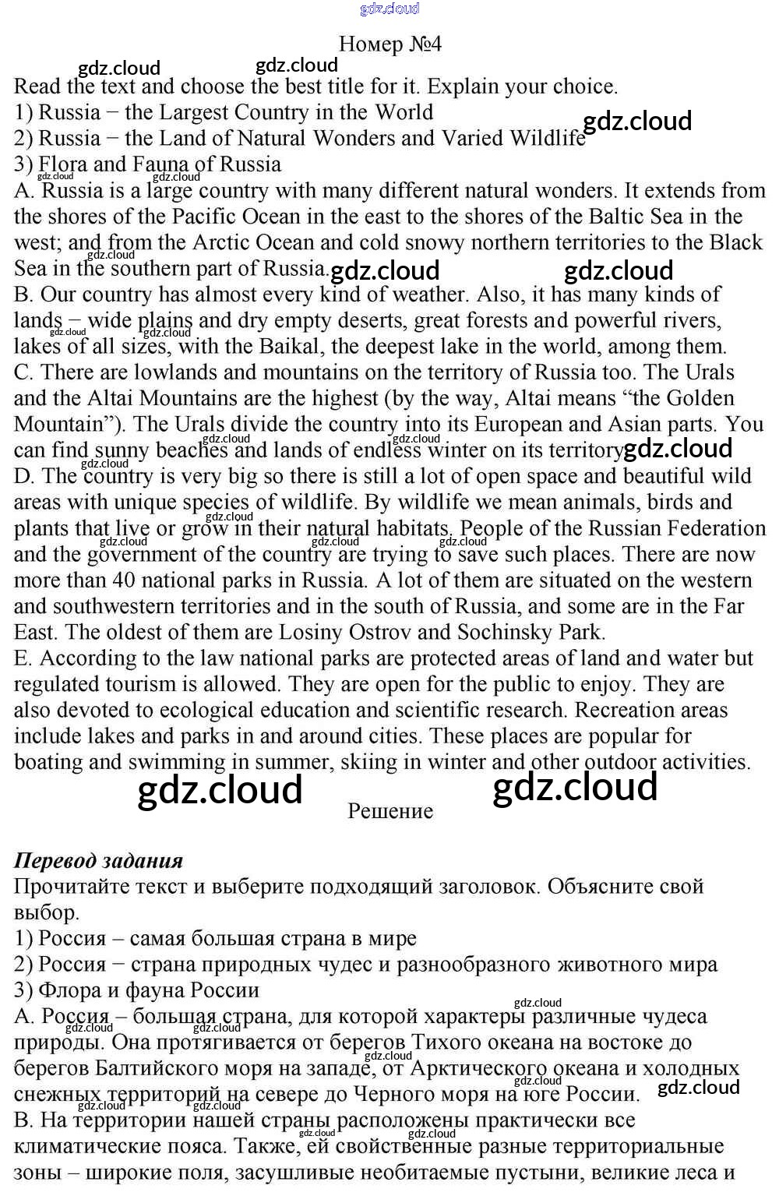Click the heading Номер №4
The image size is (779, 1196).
tap(390, 44)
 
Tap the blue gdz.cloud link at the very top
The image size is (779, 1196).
tap(389, 9)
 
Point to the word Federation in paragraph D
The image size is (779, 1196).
tap(716, 528)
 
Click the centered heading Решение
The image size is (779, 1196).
tap(390, 811)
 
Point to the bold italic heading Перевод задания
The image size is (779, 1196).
tap(98, 860)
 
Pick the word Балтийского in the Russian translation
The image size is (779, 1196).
tap(160, 1068)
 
